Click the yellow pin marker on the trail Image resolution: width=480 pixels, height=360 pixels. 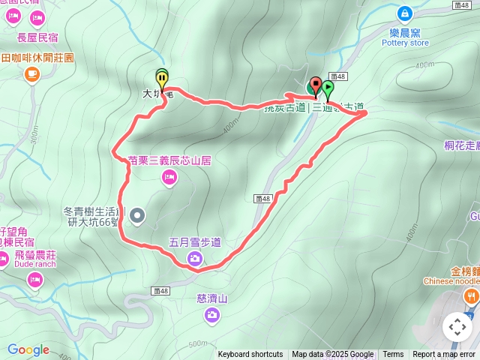162,78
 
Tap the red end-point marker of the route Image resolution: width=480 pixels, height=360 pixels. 316,84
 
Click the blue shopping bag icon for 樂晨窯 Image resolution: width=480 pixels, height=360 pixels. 404,13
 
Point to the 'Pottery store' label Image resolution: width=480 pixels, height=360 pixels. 404,43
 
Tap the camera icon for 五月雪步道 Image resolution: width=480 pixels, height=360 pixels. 194,259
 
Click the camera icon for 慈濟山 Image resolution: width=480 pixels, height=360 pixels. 211,315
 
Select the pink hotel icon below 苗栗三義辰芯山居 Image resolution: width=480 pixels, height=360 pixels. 169,177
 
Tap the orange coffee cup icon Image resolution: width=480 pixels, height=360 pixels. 31,73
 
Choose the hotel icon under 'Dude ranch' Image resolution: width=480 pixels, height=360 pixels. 34,280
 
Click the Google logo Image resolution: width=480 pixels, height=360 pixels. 28,349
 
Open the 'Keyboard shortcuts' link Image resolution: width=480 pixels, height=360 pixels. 250,355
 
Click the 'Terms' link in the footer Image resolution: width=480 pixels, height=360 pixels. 393,355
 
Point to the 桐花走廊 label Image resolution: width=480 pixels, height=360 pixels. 457,148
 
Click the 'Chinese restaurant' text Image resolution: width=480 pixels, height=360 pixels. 448,281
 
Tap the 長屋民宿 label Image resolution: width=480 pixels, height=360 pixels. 37,37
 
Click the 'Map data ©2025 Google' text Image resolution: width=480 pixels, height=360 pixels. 333,355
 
